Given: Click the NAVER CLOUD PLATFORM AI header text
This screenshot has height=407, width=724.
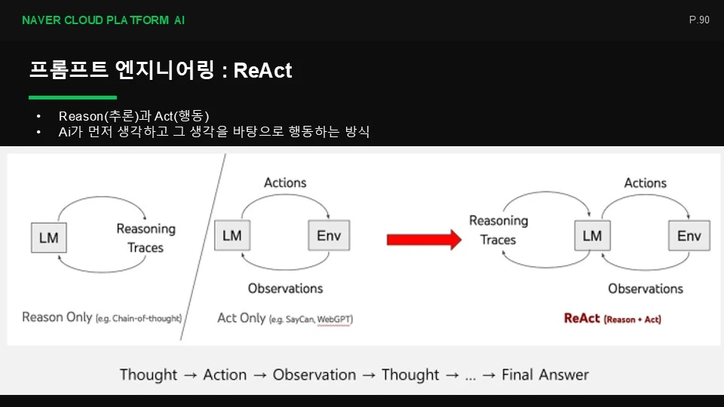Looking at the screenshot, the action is point(103,20).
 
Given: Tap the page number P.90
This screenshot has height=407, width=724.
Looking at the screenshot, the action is point(699,20).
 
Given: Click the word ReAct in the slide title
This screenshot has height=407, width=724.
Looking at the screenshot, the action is point(262,71).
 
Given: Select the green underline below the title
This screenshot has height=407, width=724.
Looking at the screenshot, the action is point(72,97).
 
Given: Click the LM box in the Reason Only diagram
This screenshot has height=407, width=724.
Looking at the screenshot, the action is point(49,237).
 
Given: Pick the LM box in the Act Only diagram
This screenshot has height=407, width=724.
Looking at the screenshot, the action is point(232,235).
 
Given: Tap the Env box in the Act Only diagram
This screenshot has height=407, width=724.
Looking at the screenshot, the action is point(329,235).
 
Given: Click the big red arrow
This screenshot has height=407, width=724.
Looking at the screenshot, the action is point(424,240).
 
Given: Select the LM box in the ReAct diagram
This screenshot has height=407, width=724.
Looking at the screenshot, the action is point(593,236).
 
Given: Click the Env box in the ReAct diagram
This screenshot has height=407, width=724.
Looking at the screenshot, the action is point(689,236).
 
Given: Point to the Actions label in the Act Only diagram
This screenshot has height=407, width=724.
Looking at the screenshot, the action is point(285,182).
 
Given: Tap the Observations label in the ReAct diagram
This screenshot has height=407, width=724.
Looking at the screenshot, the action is point(646,289).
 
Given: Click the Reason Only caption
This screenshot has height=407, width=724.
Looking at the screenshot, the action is point(102,317).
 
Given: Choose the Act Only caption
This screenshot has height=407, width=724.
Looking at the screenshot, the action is point(285,318).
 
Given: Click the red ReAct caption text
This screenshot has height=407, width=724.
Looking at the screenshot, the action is point(612,318).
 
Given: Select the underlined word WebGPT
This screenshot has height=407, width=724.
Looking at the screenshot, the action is point(335,320).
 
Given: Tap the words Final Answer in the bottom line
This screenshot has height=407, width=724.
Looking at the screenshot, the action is point(545,375).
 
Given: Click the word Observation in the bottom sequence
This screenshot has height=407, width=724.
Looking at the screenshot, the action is point(314,375).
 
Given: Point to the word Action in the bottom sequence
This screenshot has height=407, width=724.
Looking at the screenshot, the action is point(225,375).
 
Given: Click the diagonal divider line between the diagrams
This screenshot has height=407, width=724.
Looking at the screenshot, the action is point(203,247).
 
